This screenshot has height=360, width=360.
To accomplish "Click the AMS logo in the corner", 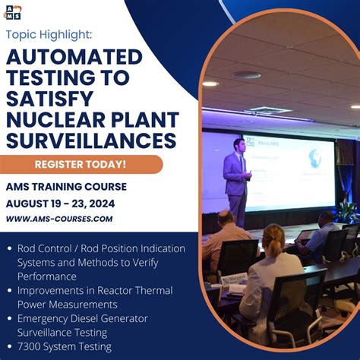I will [13, 11].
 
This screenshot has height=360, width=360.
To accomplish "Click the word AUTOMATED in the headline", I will [74, 58].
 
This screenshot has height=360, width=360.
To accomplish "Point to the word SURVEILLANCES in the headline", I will [91, 141].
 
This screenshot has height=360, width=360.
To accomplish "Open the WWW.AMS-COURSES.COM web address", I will [59, 219].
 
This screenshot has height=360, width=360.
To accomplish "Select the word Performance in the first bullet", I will [46, 276].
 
